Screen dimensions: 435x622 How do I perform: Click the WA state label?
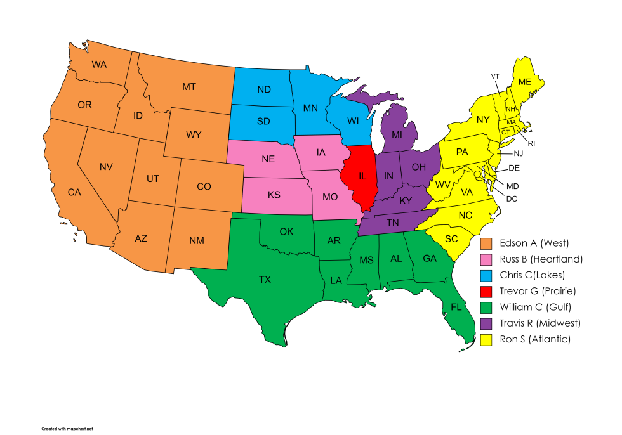point(98,64)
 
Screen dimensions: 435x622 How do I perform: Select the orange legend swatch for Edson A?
point(487,243)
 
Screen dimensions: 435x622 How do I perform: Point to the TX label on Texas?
point(265,278)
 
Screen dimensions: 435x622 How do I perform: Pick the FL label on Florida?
point(456,307)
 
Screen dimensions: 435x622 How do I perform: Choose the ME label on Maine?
point(524,82)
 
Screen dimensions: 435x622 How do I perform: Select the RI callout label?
point(531,143)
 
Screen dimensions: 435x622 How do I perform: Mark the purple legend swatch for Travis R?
point(487,323)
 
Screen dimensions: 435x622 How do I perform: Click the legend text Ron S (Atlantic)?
point(535,339)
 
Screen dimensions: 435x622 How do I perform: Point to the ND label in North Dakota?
point(264,89)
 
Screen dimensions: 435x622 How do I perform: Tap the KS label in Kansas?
point(274,195)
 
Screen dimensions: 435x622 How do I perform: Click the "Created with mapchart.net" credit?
point(67,429)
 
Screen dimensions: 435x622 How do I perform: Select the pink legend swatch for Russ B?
point(487,259)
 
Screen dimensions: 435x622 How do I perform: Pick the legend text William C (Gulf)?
point(536,307)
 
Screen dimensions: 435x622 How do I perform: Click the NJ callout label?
point(518,153)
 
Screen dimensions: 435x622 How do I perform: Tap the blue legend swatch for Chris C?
point(487,275)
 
